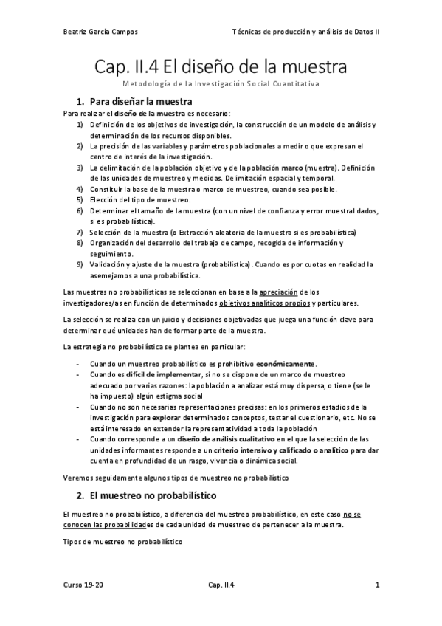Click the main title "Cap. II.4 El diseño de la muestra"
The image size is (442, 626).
pyautogui.click(x=221, y=68)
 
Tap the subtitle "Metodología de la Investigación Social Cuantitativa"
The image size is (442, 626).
pyautogui.click(x=221, y=84)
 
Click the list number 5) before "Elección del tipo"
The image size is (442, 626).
pyautogui.click(x=80, y=200)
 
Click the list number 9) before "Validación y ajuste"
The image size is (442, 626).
pyautogui.click(x=80, y=264)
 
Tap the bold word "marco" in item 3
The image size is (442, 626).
pyautogui.click(x=293, y=168)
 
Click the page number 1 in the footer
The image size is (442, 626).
pyautogui.click(x=377, y=587)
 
